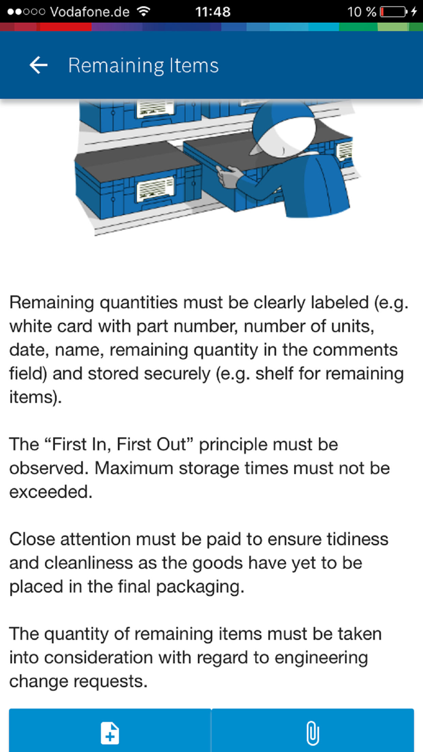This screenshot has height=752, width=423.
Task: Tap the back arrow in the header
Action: [39, 65]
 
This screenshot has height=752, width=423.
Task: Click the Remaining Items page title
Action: [143, 65]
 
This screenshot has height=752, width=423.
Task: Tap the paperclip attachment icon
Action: [312, 733]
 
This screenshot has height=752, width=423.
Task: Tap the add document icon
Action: [109, 733]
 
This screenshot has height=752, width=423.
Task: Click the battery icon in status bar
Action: [395, 11]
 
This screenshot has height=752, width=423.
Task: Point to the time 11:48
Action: [213, 11]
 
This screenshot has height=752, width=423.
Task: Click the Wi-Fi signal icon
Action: [144, 11]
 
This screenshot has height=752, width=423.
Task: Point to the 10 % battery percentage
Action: [361, 11]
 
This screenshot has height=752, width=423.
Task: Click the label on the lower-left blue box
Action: [156, 190]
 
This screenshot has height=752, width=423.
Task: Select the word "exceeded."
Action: [51, 492]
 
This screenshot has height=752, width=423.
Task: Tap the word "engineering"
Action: [317, 658]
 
